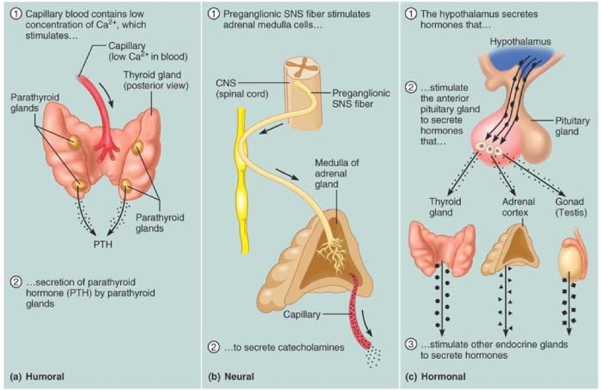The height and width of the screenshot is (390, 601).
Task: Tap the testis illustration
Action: click(x=568, y=261)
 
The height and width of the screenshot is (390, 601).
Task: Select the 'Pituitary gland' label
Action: click(x=572, y=127)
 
